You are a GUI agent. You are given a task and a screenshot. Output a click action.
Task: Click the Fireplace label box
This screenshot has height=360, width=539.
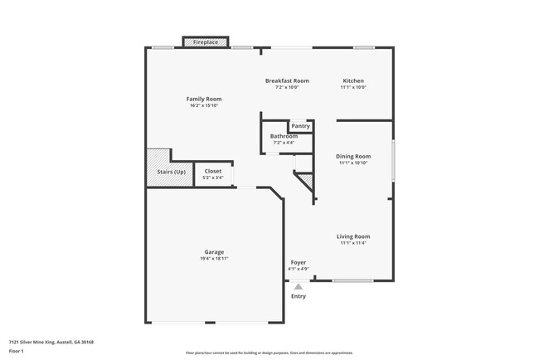[206, 41]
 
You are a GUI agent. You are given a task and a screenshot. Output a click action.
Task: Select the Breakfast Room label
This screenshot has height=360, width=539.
[287, 80]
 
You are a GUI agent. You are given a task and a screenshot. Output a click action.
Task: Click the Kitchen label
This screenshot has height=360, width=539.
[353, 80]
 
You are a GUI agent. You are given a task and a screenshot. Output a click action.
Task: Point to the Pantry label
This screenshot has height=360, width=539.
[300, 126]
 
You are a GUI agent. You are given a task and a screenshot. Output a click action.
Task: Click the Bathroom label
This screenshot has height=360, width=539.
[284, 136]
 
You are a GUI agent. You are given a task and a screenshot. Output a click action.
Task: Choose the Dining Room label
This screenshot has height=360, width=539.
[353, 156]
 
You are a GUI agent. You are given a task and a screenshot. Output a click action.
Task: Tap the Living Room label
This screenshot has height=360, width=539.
[353, 236]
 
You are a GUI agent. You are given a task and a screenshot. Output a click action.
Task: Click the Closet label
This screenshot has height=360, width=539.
[213, 171]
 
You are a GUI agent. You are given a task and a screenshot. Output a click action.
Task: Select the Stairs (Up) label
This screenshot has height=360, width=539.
[171, 171]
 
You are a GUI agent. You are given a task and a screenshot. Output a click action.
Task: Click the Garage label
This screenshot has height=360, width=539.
[214, 251]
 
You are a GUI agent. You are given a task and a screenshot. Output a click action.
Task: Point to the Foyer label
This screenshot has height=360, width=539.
[298, 262]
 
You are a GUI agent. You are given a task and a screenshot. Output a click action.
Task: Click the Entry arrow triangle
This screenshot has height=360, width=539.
[298, 286]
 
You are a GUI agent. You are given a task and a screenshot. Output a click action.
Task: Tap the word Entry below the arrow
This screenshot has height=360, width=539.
[298, 296]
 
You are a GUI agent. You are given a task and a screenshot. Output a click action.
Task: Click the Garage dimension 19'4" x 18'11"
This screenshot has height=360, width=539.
[214, 258]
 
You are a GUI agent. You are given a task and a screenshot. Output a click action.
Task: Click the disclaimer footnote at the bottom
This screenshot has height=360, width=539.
[269, 353]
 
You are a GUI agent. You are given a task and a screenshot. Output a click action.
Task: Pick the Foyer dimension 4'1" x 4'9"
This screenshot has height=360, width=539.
[298, 269]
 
